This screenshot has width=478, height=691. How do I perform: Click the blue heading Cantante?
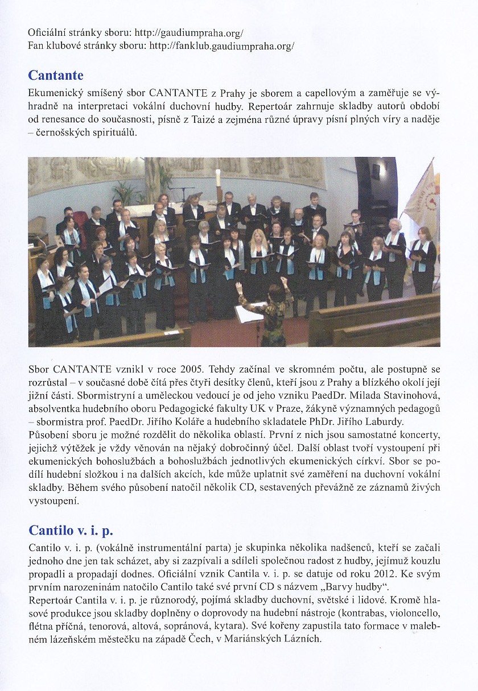tap(56, 76)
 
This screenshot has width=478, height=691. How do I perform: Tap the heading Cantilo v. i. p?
tap(71, 530)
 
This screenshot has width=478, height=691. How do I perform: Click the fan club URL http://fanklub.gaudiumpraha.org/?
tap(221, 45)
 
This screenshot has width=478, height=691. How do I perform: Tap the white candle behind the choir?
tap(217, 177)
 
